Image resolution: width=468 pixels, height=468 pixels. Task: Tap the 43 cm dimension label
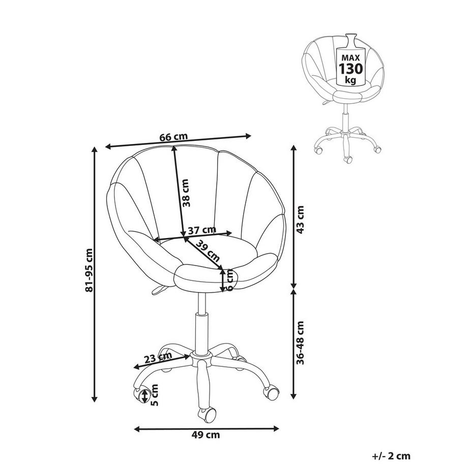click(301, 219)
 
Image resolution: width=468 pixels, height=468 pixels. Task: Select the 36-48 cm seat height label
click(301, 342)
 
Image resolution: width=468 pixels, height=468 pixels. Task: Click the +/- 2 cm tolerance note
click(391, 456)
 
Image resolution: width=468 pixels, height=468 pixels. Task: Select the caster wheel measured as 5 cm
click(139, 395)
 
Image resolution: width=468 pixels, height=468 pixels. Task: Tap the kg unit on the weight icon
click(351, 80)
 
